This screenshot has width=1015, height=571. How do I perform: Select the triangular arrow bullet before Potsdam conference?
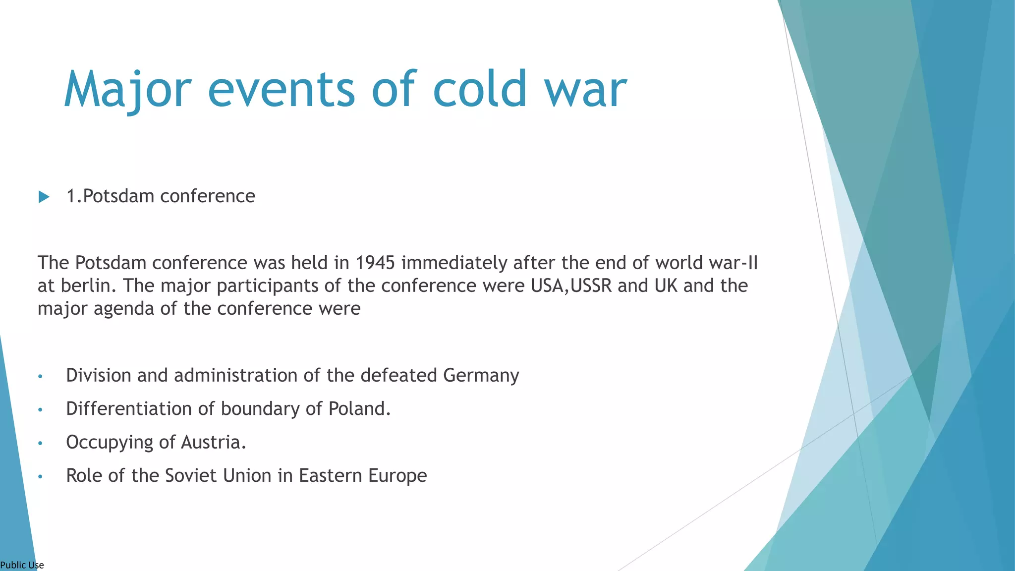[x=44, y=197]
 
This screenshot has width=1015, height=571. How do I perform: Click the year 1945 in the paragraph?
[x=375, y=263]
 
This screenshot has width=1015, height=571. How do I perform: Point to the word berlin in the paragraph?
[x=88, y=285]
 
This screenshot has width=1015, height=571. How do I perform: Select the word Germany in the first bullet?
[x=481, y=375]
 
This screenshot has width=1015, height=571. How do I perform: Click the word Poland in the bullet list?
[x=359, y=408]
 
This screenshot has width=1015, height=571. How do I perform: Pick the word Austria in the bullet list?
[x=213, y=442]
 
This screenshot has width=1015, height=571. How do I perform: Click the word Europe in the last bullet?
[x=397, y=475]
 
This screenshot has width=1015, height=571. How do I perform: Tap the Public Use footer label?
[x=22, y=565]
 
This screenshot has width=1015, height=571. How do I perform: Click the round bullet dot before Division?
[x=41, y=377]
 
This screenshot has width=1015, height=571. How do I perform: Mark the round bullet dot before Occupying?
[x=41, y=443]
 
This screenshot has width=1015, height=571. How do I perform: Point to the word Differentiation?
[x=129, y=408]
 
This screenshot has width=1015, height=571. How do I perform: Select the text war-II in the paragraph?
[x=733, y=263]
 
